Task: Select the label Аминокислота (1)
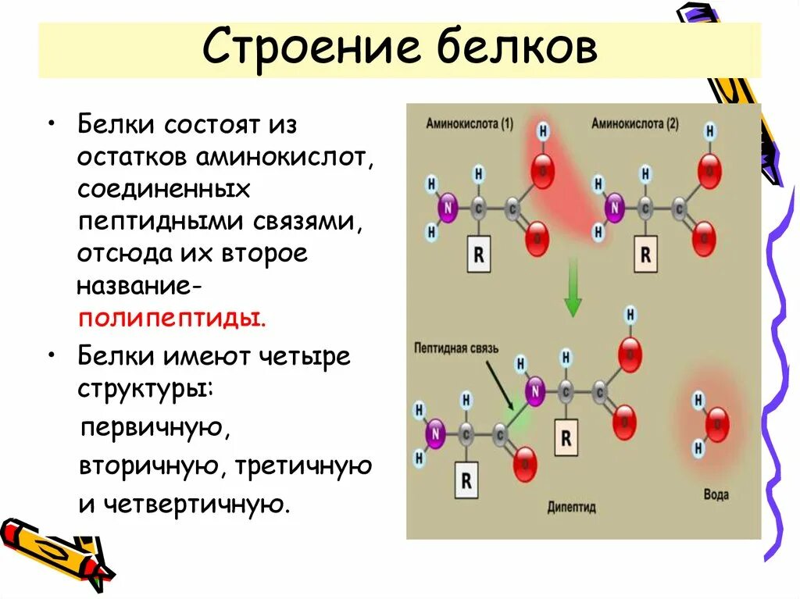[x=470, y=123]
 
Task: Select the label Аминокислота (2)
[x=634, y=123]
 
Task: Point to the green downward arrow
[x=573, y=289]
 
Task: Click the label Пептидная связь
[x=455, y=348]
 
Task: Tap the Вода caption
[x=716, y=494]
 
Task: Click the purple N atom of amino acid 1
[x=448, y=209]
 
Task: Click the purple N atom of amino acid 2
[x=615, y=209]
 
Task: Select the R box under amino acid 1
[x=479, y=255]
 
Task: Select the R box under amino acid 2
[x=645, y=255]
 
